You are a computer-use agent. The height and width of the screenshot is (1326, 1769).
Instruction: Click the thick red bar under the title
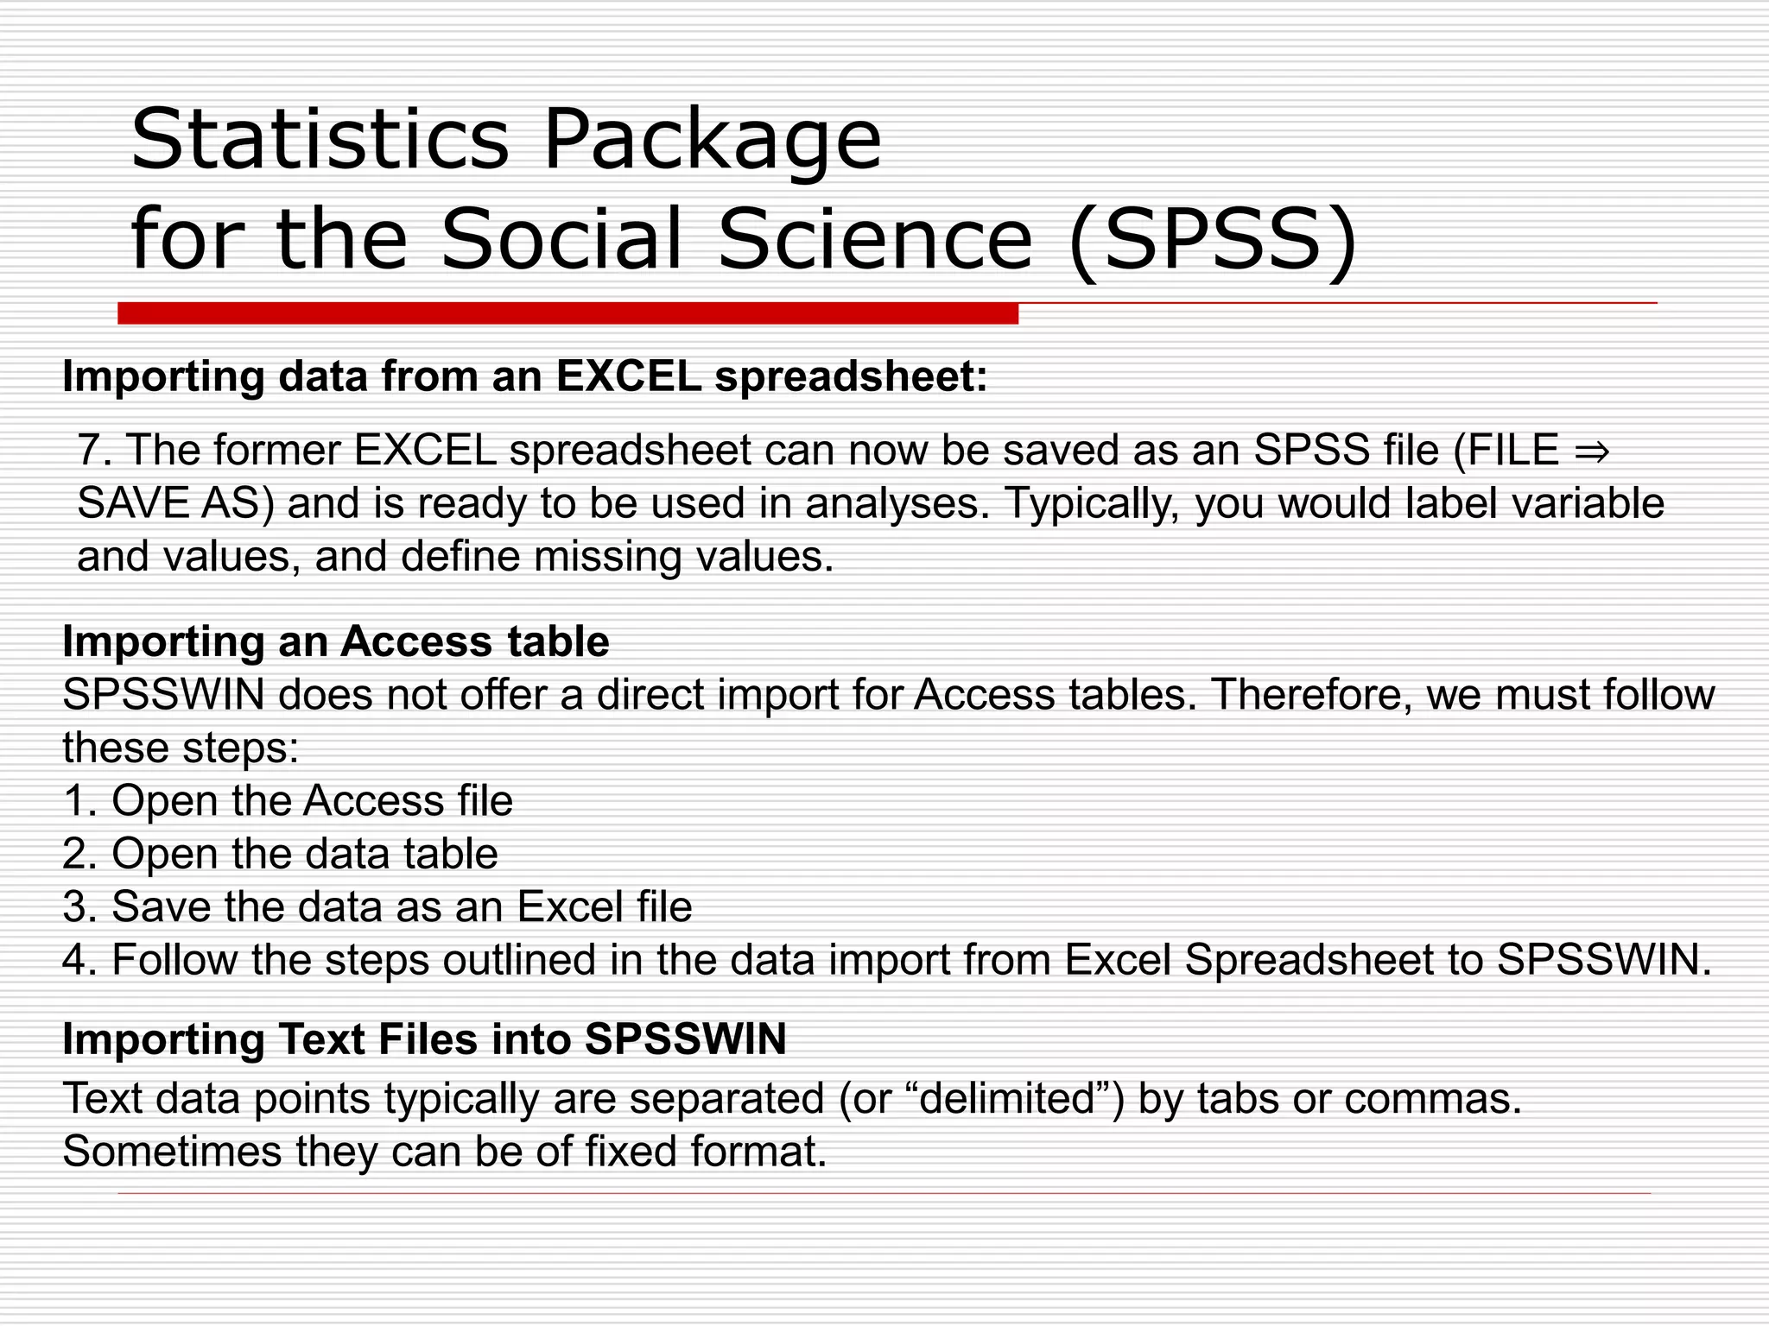pos(567,313)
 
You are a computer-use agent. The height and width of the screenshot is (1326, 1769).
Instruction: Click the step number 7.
pos(94,450)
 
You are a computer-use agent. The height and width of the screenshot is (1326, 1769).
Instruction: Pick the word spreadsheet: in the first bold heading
pos(851,376)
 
